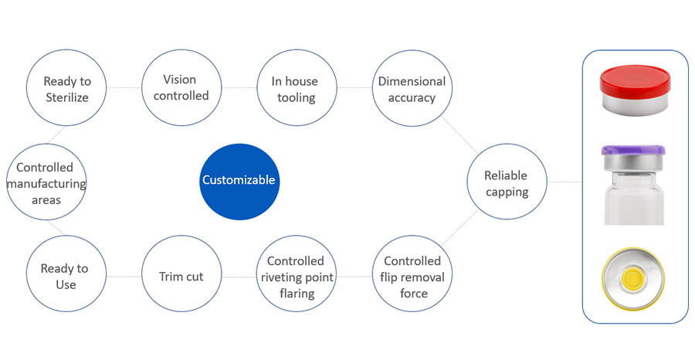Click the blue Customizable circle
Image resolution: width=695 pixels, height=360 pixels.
(x=238, y=180)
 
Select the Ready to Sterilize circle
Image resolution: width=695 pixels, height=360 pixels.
(x=66, y=89)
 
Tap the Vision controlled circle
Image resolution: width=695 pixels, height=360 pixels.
(x=179, y=88)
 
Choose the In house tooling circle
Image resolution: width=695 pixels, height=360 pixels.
(x=294, y=89)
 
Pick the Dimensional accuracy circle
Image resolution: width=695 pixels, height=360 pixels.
(x=412, y=89)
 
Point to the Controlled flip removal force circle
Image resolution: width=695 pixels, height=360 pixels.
(x=412, y=277)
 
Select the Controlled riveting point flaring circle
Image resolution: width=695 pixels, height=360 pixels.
(x=296, y=277)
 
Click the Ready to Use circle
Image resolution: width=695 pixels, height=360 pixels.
(x=65, y=276)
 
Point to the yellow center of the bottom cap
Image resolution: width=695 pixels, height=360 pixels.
(x=633, y=277)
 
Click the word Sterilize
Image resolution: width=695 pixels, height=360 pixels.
(x=66, y=97)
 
